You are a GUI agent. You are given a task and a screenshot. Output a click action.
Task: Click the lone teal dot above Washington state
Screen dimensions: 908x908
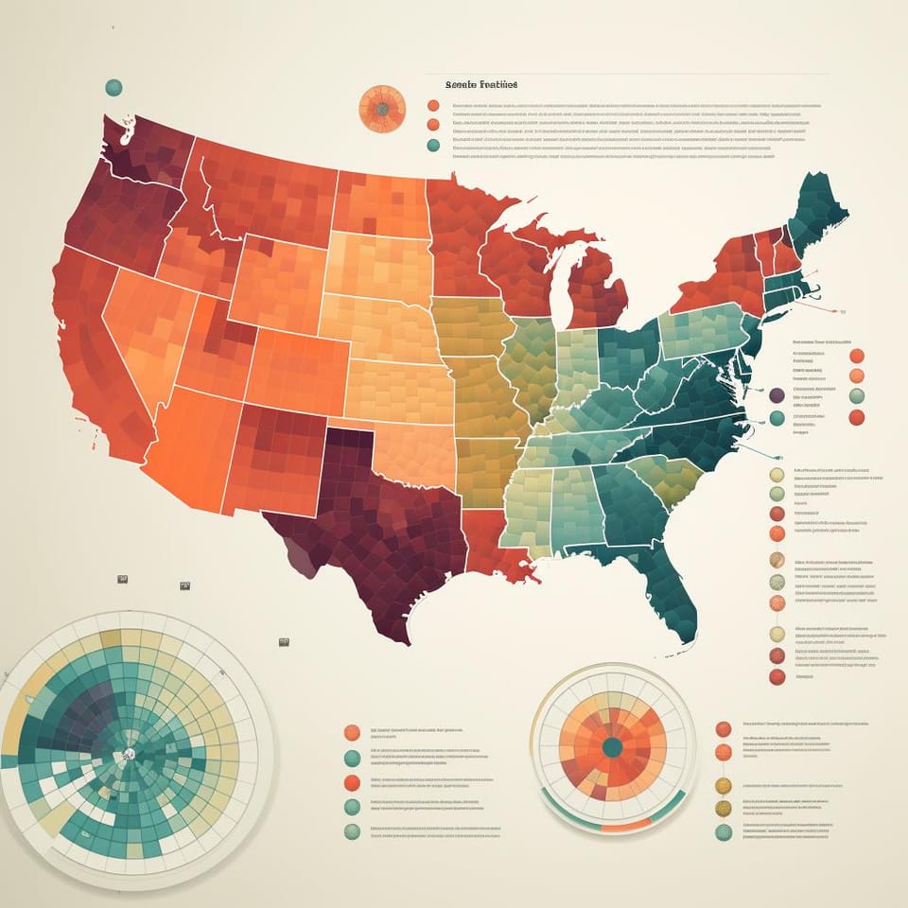click(113, 88)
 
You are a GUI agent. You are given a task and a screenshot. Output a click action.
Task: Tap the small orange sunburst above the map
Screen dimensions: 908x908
click(382, 109)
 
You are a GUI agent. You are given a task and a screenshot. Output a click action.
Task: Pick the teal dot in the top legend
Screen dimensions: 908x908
click(433, 145)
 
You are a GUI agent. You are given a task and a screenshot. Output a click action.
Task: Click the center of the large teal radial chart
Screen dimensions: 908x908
click(126, 754)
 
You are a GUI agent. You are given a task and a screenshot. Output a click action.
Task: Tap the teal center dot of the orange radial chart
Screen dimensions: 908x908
click(612, 747)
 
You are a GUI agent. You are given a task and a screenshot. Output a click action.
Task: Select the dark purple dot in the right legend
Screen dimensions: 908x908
click(777, 395)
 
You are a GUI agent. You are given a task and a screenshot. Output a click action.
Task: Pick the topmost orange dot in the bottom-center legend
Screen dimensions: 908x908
click(352, 732)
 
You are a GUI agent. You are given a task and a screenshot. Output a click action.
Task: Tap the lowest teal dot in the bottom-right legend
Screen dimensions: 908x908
click(724, 832)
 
